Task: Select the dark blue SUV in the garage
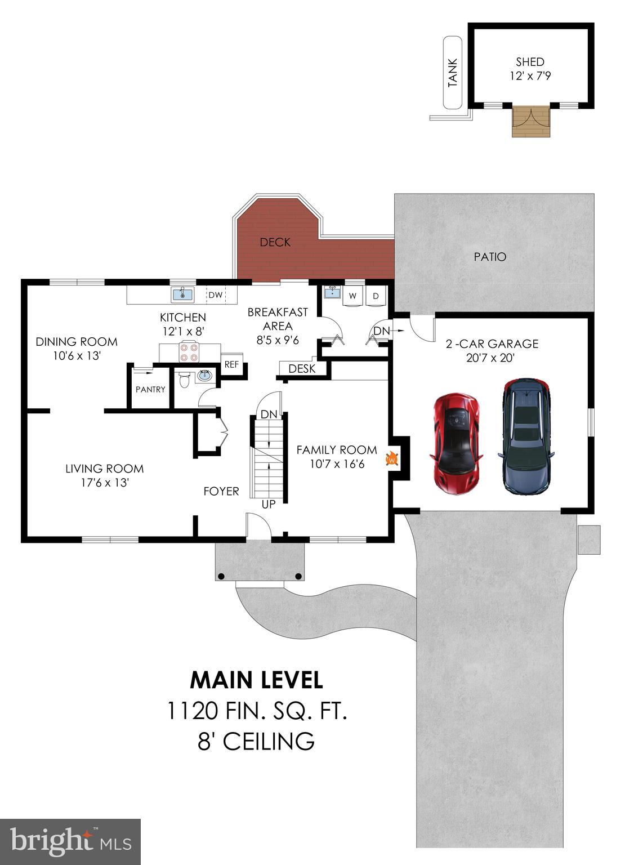point(525,436)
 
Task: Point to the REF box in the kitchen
point(231,364)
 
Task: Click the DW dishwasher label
point(216,295)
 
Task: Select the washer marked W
point(353,296)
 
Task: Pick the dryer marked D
point(376,296)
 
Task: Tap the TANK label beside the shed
point(453,73)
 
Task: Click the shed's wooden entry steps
point(529,122)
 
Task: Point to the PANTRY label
point(150,389)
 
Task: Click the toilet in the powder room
point(184,381)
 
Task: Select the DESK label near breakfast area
point(302,369)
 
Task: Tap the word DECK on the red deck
point(275,242)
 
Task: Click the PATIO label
point(490,257)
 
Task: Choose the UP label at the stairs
point(269,504)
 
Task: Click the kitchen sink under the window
point(182,294)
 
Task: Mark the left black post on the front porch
point(221,576)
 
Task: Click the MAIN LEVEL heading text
point(256,680)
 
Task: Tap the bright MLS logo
point(70,841)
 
